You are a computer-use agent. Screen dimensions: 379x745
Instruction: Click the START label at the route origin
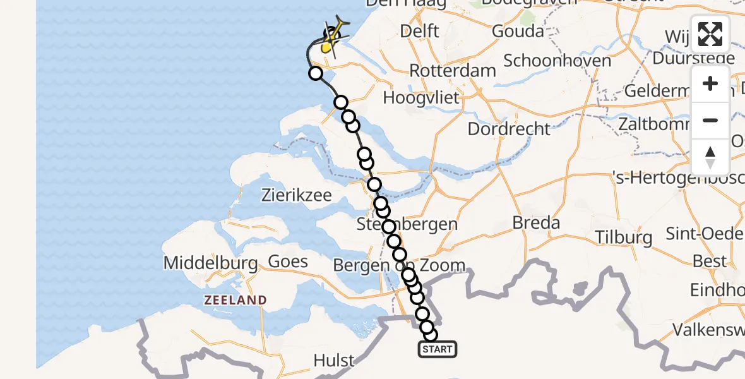[x=438, y=349]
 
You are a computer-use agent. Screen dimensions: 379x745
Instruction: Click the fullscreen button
[x=710, y=34]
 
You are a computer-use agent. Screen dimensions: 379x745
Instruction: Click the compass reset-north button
[x=710, y=157]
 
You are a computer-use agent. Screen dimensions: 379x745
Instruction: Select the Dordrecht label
[x=509, y=129]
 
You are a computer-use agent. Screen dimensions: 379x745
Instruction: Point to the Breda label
[x=536, y=222]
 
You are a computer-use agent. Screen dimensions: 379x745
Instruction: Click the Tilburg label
[x=624, y=238]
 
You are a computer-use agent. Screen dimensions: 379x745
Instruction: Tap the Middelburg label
[x=210, y=263]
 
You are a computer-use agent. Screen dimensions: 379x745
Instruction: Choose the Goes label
[x=288, y=262]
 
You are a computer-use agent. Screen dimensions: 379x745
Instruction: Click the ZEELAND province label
[x=235, y=301]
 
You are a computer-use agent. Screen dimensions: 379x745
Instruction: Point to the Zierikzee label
[x=296, y=195]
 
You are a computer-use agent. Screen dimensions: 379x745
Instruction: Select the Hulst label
[x=334, y=361]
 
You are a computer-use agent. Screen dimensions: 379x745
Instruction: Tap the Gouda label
[x=518, y=31]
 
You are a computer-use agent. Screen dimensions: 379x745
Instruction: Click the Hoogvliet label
[x=421, y=98]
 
